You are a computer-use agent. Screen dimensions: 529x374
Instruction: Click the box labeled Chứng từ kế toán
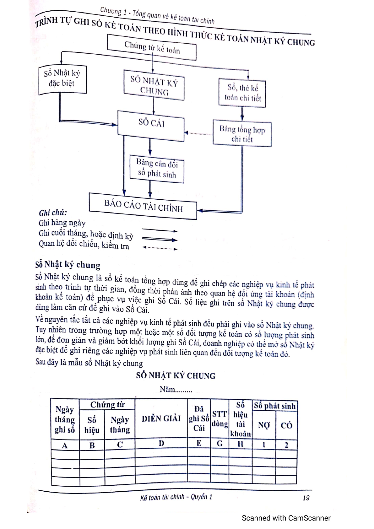(152, 47)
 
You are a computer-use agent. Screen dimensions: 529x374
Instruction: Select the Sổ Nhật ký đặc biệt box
(62, 79)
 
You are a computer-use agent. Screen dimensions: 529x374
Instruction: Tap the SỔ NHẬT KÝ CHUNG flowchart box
(154, 86)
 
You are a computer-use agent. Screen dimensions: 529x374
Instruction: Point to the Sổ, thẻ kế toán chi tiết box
(242, 93)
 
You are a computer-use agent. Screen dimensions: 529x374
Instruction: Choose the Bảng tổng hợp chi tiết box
(242, 134)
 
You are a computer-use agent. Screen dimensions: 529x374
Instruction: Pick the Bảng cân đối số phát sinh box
(157, 169)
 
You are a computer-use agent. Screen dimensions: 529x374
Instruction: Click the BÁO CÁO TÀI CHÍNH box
(143, 206)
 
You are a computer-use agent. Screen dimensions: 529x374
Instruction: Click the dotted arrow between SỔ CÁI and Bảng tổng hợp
(199, 133)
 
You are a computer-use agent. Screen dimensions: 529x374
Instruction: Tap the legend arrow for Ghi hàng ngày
(160, 231)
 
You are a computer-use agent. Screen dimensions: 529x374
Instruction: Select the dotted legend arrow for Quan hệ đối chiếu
(160, 248)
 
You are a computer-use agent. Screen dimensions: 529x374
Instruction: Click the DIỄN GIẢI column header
(161, 418)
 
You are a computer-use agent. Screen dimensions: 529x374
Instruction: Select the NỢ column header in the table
(264, 425)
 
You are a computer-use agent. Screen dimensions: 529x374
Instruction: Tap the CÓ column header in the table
(286, 425)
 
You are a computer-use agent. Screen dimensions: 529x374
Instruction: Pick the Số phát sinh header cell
(275, 406)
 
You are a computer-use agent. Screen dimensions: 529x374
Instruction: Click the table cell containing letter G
(220, 444)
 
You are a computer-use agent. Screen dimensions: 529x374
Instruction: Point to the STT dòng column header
(220, 419)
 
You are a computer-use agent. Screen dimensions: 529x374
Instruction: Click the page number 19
(306, 498)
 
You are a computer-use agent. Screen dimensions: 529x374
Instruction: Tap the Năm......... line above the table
(176, 390)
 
